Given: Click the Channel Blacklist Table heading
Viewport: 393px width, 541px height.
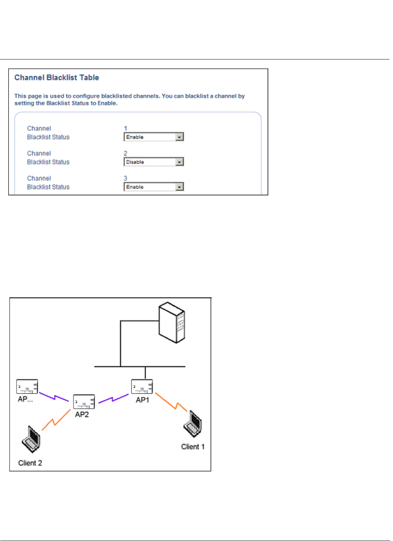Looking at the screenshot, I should click(57, 77).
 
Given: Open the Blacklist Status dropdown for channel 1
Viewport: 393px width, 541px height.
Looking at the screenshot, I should click(154, 137).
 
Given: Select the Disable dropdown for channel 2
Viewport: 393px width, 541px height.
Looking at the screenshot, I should click(154, 162).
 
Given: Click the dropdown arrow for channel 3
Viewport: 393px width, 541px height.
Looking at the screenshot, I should click(180, 187).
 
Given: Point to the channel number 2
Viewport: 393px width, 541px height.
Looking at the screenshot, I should click(125, 153).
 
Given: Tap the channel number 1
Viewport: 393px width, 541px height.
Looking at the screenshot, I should click(125, 128).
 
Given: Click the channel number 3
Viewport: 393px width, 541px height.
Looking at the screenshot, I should click(125, 178).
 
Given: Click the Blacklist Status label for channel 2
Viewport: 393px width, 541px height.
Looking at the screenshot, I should click(48, 162).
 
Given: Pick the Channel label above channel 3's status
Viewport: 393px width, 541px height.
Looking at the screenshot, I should click(39, 178).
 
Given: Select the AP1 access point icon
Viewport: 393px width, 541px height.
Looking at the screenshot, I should click(142, 387).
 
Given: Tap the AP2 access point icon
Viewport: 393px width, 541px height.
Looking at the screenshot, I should click(84, 402).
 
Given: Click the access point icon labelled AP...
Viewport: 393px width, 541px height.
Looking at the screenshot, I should click(27, 386).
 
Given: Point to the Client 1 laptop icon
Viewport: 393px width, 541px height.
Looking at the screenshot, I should click(193, 424).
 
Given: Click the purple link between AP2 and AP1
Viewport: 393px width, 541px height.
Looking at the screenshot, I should click(113, 399).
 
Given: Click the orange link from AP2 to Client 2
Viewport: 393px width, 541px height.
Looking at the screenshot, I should click(56, 420).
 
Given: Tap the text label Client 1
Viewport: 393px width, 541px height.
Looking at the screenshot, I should click(193, 447).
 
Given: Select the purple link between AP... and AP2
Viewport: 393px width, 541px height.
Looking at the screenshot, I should click(54, 397).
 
